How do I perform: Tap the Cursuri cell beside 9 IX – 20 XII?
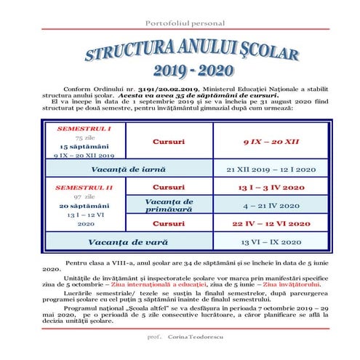pyautogui.click(x=169, y=140)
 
